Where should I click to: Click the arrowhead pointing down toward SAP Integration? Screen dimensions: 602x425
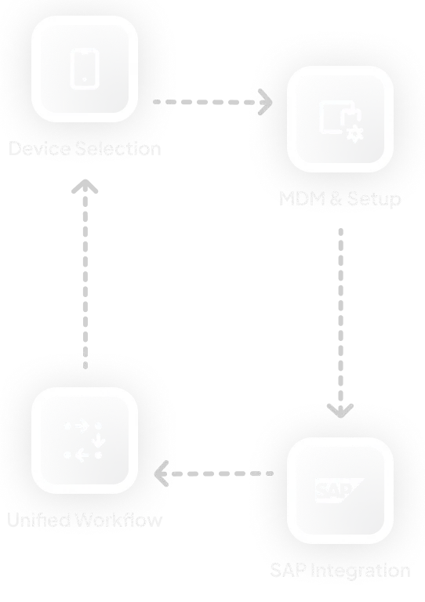(340, 409)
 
